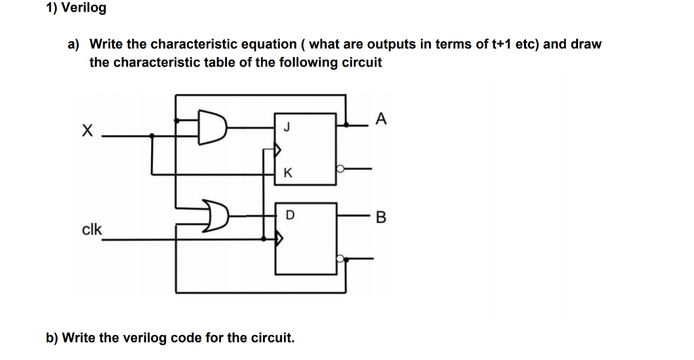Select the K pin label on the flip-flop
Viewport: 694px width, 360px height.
click(x=288, y=173)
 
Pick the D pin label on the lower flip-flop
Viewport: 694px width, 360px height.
click(x=290, y=215)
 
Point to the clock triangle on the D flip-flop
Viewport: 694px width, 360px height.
click(x=278, y=238)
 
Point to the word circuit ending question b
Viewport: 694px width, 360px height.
click(x=272, y=337)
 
